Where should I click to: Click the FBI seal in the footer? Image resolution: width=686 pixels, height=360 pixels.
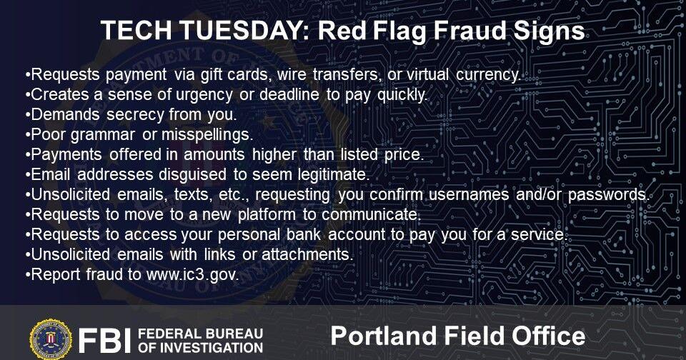click(x=51, y=339)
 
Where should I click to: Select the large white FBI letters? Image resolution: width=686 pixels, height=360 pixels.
click(x=104, y=340)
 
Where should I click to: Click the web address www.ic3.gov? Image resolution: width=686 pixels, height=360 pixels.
click(x=192, y=275)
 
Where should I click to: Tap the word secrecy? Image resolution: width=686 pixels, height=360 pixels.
click(x=135, y=115)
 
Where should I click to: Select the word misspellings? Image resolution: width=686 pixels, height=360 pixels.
click(x=207, y=135)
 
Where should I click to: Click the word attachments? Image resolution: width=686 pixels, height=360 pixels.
click(x=307, y=254)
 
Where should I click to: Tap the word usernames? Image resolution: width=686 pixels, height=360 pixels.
click(x=469, y=195)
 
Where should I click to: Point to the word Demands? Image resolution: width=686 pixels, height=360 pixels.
click(x=66, y=115)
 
